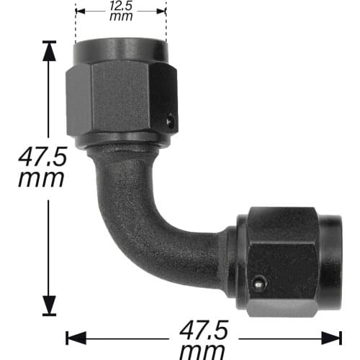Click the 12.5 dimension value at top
pyautogui.click(x=121, y=7)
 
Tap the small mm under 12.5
pyautogui.click(x=121, y=17)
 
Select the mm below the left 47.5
pyautogui.click(x=42, y=178)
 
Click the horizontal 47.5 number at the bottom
pyautogui.click(x=204, y=332)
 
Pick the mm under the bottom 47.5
pyautogui.click(x=204, y=351)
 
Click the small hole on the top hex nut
pyautogui.click(x=171, y=122)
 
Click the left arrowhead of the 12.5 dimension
pyautogui.click(x=78, y=11)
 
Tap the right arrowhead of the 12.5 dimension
pyautogui.click(x=163, y=11)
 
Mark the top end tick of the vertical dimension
pyautogui.click(x=49, y=42)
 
